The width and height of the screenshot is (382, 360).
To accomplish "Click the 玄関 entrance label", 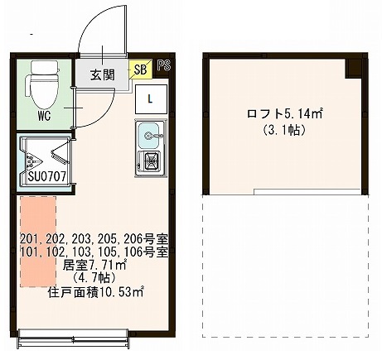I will (104, 72).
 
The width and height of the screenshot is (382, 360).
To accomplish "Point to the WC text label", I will (45, 115).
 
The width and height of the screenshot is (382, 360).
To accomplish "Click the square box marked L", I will (151, 98).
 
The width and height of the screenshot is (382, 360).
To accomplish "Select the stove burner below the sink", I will (152, 161).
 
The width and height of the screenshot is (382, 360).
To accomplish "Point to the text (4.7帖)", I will (94, 278).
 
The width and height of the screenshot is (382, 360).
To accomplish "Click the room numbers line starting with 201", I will (94, 239).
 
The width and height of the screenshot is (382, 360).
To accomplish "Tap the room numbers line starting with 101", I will (94, 252).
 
